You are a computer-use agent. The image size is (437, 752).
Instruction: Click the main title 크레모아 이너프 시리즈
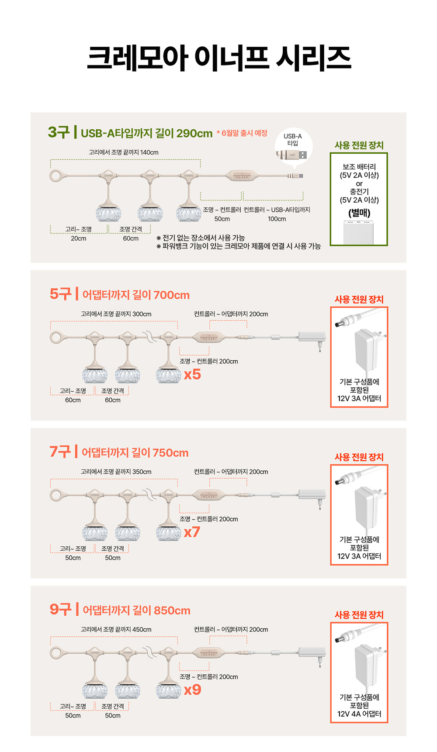tap(219, 58)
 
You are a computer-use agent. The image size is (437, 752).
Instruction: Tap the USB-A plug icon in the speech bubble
tap(291, 155)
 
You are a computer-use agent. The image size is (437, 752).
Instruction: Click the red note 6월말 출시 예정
tap(242, 133)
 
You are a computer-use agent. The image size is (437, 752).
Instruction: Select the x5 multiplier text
tap(192, 374)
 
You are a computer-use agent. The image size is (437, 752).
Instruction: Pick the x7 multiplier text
tap(192, 532)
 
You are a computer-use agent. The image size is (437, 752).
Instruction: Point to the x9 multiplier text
tap(193, 690)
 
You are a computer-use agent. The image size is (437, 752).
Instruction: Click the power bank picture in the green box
tap(359, 232)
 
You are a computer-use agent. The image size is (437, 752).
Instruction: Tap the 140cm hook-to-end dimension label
tap(124, 152)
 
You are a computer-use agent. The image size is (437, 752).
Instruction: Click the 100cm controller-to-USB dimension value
tap(277, 219)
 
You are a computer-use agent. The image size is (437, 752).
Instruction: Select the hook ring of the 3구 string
tap(56, 176)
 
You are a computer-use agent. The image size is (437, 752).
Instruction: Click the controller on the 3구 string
tap(242, 176)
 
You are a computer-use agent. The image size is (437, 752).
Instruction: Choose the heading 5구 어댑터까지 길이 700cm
tap(120, 294)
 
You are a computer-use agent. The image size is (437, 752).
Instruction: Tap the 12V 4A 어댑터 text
tap(359, 714)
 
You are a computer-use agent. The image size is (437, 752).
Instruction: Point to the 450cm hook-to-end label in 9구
tap(116, 629)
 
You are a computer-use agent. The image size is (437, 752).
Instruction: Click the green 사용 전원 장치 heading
tap(359, 145)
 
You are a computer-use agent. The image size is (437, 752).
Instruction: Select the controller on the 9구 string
tap(209, 653)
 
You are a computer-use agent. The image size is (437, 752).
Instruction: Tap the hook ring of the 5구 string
tap(56, 338)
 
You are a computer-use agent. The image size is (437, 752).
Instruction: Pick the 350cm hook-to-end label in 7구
tap(116, 472)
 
